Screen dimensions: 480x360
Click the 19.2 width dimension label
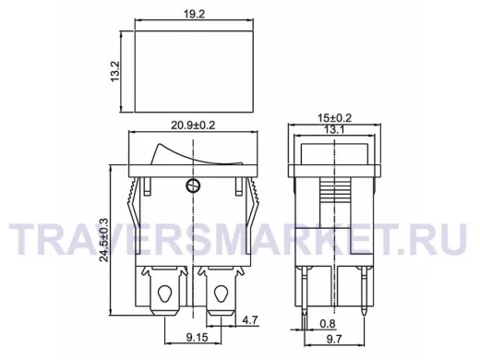195,14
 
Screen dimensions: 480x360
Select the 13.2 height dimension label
115,71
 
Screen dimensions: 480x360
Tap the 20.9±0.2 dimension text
193,126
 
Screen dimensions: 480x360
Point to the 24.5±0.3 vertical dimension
104,240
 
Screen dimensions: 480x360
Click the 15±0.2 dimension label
334,117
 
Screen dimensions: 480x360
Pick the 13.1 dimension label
334,130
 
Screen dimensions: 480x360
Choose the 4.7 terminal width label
249,320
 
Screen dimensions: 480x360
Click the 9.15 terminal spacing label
197,338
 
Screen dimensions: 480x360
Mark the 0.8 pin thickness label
328,323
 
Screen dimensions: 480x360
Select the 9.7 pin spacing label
334,339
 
